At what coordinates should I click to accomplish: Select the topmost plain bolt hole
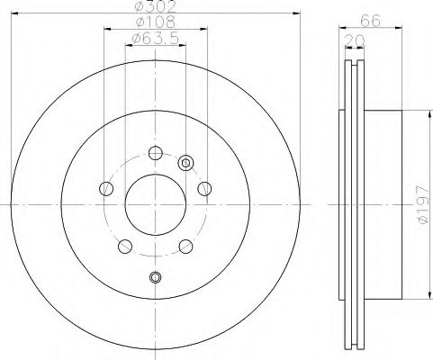(x=155, y=152)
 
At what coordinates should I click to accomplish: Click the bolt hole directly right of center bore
(x=204, y=188)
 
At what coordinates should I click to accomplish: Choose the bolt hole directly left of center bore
(x=106, y=188)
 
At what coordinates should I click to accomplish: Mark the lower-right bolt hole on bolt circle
(x=185, y=245)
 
